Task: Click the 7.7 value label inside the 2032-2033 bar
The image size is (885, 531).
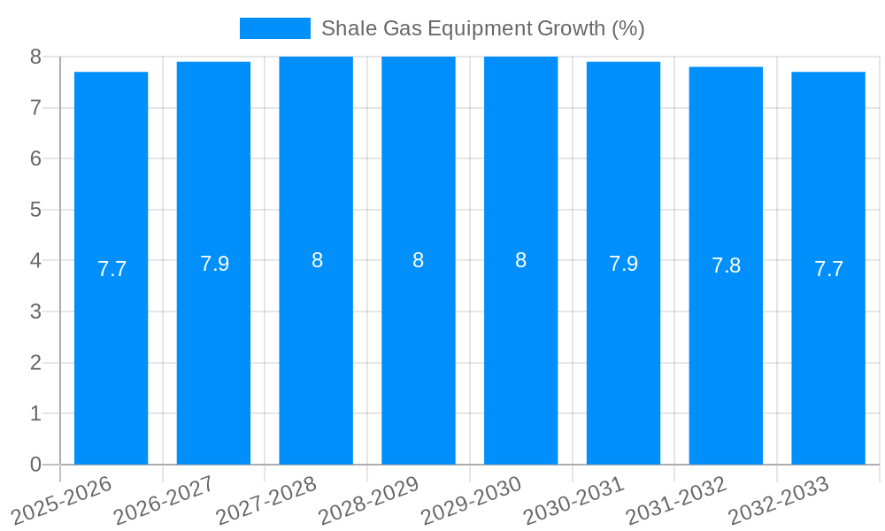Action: (828, 269)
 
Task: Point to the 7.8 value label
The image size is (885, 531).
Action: (726, 265)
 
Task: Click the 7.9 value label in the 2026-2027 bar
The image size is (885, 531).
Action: (214, 264)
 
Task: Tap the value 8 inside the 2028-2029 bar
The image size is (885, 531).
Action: (418, 260)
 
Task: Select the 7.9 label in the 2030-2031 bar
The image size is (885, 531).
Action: (623, 264)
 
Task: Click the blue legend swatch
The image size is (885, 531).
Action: (274, 28)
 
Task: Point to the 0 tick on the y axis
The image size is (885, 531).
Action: (35, 465)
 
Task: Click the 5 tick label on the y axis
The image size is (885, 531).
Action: (35, 210)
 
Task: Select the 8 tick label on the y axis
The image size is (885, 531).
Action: (35, 57)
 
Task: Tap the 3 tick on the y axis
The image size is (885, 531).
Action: (35, 312)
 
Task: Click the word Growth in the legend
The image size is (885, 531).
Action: (572, 28)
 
